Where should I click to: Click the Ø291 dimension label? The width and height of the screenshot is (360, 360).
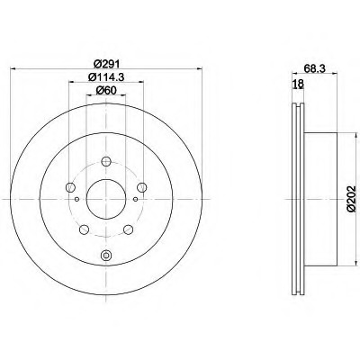tap(106, 64)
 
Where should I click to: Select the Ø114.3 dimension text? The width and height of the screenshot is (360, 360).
tap(106, 77)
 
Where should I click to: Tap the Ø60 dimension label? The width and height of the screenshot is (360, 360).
tap(106, 90)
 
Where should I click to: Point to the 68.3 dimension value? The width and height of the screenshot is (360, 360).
tap(314, 68)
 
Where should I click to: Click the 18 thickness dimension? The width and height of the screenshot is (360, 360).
tap(298, 84)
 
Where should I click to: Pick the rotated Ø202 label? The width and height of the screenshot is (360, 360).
tap(351, 199)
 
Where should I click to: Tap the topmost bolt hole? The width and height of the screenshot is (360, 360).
tap(106, 161)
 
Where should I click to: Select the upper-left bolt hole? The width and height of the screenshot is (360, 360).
tap(70, 187)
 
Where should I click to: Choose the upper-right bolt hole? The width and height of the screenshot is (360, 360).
tap(141, 187)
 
